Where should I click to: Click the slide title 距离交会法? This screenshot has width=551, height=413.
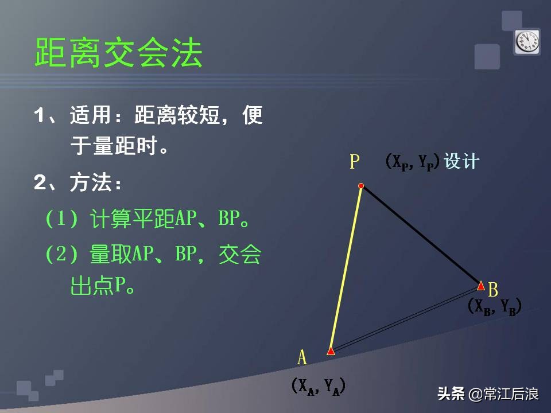pos(119,53)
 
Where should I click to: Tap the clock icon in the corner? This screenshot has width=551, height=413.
pos(527,42)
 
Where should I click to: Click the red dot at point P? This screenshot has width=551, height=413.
pos(361,186)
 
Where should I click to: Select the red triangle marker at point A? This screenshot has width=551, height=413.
pos(331,350)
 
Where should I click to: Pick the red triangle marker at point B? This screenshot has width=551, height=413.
pos(481,286)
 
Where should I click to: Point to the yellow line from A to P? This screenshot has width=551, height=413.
pos(346,267)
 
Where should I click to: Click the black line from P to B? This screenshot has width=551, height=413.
pos(421,235)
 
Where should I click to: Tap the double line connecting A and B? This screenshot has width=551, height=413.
pos(406,318)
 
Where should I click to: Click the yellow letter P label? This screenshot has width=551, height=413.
pos(355,162)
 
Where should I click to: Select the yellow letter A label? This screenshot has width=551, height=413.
pos(302,357)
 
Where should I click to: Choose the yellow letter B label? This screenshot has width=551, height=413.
pos(493,289)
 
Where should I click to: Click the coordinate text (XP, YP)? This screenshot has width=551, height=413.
pos(413,162)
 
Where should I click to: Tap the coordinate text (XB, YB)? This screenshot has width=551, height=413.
pos(494,307)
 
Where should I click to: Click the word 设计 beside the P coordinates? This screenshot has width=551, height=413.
pos(462,162)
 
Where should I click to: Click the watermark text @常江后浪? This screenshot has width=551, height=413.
pos(503,394)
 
